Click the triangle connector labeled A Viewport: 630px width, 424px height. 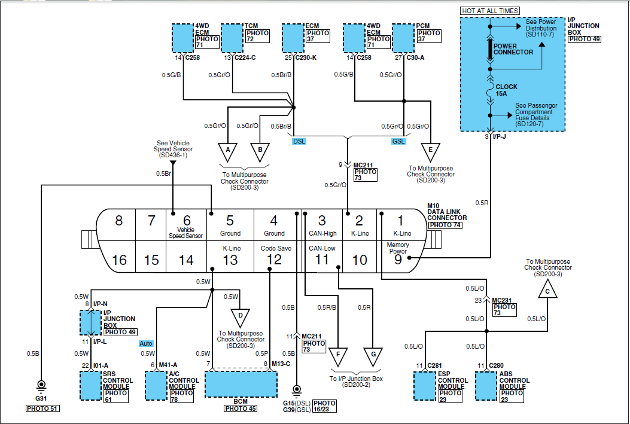pos(228,152)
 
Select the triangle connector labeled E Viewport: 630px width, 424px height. pos(431,152)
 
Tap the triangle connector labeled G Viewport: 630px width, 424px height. pos(373,356)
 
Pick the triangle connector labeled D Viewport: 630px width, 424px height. pos(241,317)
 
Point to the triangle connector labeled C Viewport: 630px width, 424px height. pos(547,290)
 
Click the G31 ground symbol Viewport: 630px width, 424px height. pos(41,386)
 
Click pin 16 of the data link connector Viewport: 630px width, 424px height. pos(119,257)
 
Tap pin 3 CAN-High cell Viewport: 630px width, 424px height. pos(322,225)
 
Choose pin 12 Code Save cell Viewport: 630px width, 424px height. pos(275,257)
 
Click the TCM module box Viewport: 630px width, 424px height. pos(232,38)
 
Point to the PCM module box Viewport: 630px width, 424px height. pos(403,38)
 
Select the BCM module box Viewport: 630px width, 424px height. pos(241,385)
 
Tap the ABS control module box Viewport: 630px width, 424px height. pos(486,386)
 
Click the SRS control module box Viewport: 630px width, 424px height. pos(91,386)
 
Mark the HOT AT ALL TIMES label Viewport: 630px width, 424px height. pos(490,11)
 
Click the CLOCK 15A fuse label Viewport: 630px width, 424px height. pos(506,90)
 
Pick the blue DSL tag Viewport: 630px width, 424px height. pos(299,141)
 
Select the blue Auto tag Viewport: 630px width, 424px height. pos(146,343)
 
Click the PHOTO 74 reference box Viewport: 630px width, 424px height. pos(445,225)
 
